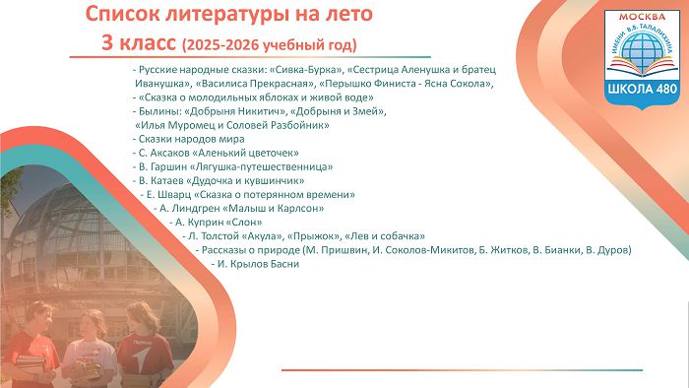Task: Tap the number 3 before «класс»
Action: [x=106, y=43]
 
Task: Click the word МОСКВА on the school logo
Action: [x=642, y=17]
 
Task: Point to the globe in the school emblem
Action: [x=642, y=49]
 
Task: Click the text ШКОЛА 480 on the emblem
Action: [x=643, y=89]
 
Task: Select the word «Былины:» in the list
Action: [x=157, y=111]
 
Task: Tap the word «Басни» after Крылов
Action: [x=284, y=265]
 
